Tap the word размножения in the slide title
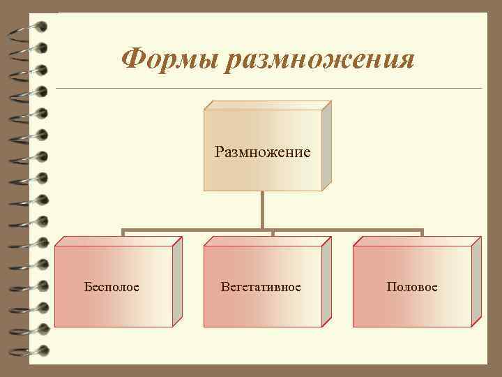[x=321, y=60]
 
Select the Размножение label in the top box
[x=262, y=151]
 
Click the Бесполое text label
[x=112, y=287]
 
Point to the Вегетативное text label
[x=261, y=287]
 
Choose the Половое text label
[x=413, y=287]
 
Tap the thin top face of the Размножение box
[x=266, y=105]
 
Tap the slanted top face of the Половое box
[x=417, y=241]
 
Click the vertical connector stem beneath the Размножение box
[x=263, y=209]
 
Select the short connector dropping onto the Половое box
[x=423, y=232]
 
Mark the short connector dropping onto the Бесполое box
[x=123, y=232]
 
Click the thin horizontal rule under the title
[x=268, y=89]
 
